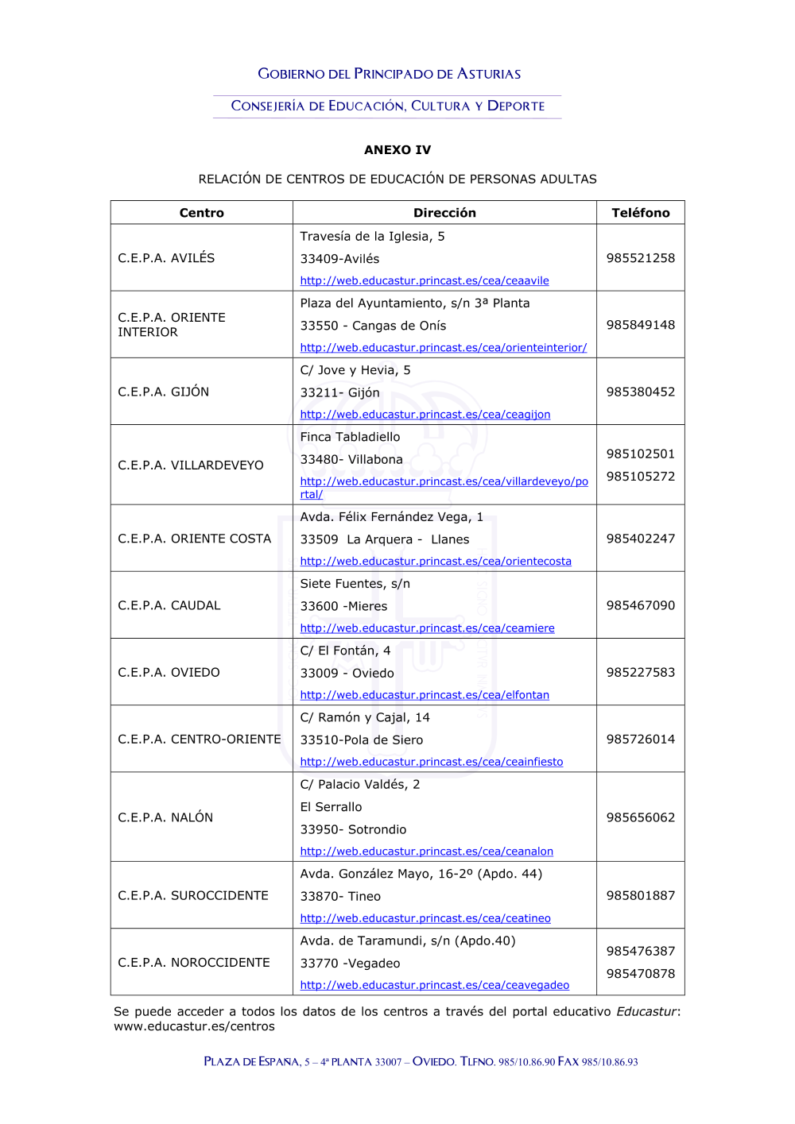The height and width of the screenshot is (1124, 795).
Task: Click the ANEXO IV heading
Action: point(397,150)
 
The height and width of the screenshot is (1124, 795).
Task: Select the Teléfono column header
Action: point(640,213)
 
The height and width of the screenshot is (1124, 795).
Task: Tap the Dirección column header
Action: point(444,213)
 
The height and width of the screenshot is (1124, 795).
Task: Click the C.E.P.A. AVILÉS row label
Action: point(166,258)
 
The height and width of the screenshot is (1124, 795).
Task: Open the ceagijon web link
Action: point(425,415)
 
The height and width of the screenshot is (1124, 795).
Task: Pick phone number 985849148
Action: point(640,325)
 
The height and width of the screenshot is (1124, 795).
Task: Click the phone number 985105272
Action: point(640,477)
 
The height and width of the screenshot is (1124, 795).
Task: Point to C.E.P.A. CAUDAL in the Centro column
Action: point(169,605)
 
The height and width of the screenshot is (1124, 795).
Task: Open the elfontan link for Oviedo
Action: point(425,695)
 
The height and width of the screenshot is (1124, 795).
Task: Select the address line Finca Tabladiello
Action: point(350,437)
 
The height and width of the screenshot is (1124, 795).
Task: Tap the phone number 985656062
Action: point(640,817)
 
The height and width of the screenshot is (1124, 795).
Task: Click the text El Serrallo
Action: point(331,807)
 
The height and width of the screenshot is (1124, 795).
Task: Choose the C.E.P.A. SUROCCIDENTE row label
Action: point(193,895)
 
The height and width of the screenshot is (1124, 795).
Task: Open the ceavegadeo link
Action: point(434,985)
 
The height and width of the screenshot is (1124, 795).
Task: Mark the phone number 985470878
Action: point(640,974)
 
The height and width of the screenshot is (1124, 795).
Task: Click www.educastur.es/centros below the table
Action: point(194,1026)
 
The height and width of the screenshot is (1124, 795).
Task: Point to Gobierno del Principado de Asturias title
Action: point(389,74)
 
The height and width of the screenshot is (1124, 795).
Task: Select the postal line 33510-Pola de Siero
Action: point(361,740)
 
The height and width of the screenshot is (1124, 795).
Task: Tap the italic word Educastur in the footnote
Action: point(646,1011)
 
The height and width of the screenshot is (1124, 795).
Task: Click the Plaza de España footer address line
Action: point(421,1062)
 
